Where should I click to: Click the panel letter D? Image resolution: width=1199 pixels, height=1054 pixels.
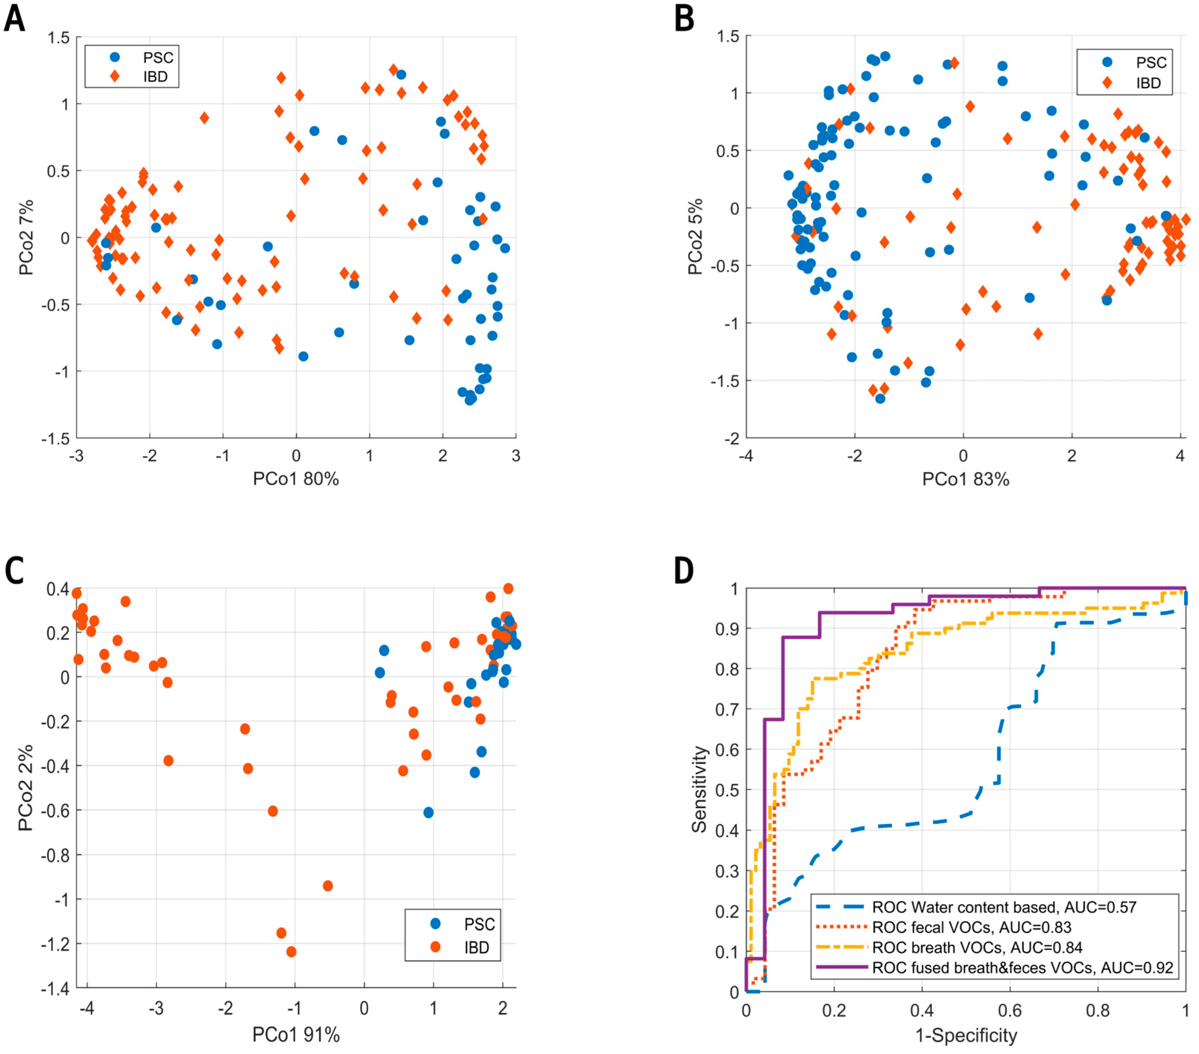click(683, 571)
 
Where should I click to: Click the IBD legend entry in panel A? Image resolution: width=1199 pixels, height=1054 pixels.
click(155, 77)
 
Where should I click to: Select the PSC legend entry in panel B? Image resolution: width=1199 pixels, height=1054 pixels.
click(1150, 62)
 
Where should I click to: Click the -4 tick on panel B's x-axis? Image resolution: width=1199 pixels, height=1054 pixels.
click(746, 456)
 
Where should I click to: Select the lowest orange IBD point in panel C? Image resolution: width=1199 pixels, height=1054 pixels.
click(291, 951)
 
